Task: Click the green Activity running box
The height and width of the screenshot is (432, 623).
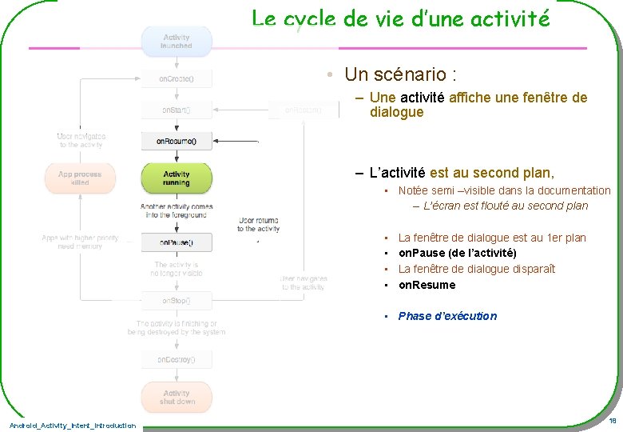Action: pyautogui.click(x=177, y=178)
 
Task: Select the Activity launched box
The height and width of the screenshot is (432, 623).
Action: pyautogui.click(x=177, y=42)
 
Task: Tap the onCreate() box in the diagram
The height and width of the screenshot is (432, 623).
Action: pyautogui.click(x=177, y=79)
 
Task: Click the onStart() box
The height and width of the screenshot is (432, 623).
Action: pyautogui.click(x=177, y=110)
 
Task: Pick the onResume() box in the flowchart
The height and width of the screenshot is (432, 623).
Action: pyautogui.click(x=177, y=141)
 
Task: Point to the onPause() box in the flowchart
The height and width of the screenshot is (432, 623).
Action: pyautogui.click(x=177, y=241)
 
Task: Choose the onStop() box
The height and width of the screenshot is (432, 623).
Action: pyautogui.click(x=177, y=301)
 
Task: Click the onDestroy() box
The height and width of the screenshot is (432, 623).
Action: pyautogui.click(x=177, y=359)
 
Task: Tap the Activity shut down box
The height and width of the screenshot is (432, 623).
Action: pyautogui.click(x=177, y=397)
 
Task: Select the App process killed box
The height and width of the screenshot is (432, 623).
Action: pyautogui.click(x=80, y=178)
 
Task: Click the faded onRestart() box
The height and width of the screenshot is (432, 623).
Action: pyautogui.click(x=304, y=110)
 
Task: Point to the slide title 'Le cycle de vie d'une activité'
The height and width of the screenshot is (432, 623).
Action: pyautogui.click(x=400, y=18)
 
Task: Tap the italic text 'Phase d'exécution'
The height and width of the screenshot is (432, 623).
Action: pyautogui.click(x=447, y=316)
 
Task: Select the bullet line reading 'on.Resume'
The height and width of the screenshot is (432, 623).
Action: pyautogui.click(x=427, y=285)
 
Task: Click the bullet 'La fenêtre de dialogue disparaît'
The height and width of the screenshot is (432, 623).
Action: pyautogui.click(x=476, y=269)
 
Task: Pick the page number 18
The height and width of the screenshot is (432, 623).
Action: pyautogui.click(x=612, y=421)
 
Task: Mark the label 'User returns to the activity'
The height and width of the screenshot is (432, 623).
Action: pyautogui.click(x=258, y=224)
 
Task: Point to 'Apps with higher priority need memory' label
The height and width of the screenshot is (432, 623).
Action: pyautogui.click(x=80, y=242)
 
